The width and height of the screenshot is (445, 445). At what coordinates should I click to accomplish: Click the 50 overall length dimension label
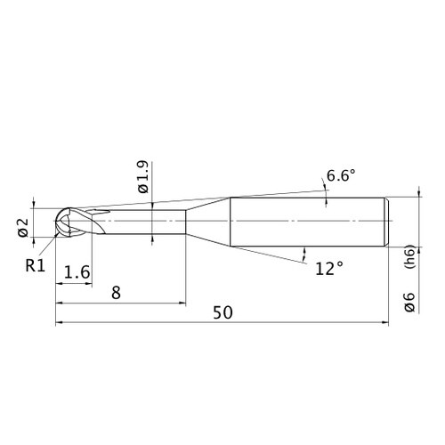coord(222,312)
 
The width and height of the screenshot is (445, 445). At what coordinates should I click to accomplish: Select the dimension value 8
coord(116,293)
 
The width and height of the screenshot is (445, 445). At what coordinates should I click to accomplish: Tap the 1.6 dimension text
coord(77,272)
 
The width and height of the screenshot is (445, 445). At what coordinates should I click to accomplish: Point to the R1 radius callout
coord(35,265)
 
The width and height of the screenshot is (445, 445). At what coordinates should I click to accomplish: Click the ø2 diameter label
coord(23,228)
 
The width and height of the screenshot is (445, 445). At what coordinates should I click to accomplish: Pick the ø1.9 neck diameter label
coord(142,177)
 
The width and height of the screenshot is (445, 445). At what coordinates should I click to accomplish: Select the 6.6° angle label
coord(341,175)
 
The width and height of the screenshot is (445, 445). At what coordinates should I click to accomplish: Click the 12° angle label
coord(329,269)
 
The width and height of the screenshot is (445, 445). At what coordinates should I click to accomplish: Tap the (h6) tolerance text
coord(409,256)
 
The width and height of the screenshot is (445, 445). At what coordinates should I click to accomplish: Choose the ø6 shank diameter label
coord(409,302)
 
